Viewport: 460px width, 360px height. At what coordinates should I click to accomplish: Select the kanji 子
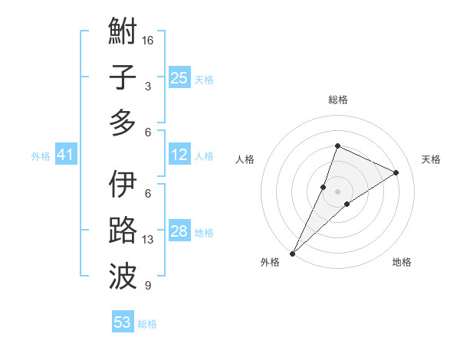pos(123,78)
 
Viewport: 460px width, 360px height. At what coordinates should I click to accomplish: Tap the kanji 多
pos(123,123)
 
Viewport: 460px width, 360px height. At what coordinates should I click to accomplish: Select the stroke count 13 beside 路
pos(148,240)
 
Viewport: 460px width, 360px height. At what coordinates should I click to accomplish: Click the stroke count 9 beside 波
pos(148,286)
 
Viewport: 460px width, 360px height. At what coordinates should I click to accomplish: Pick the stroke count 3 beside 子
pos(148,87)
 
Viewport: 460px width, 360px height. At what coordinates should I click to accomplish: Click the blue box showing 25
pos(179,78)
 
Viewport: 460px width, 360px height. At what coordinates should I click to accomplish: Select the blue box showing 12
pos(179,155)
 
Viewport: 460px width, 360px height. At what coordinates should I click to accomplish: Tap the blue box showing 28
pos(179,232)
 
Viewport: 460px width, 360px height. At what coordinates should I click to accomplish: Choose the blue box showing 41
pos(65,155)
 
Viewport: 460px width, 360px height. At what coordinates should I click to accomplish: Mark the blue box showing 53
pos(122,322)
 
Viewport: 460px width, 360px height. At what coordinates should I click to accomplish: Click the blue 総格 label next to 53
pos(147,324)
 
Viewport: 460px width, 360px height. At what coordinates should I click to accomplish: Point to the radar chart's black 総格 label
pos(337,100)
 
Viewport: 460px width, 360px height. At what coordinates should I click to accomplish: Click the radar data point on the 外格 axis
pos(292,253)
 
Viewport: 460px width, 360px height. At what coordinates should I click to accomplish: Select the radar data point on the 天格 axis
pos(396,172)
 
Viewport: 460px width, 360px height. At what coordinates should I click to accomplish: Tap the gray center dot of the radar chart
pos(337,191)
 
